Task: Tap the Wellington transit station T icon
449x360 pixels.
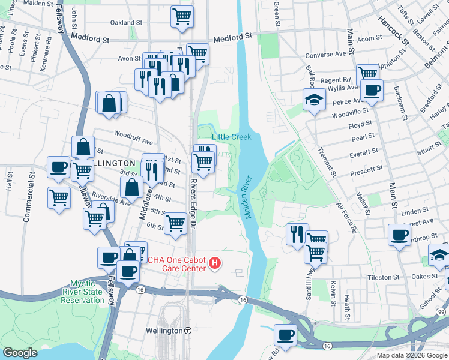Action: pos(188,331)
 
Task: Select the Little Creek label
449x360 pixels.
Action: pos(231,137)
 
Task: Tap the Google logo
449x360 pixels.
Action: pos(20,353)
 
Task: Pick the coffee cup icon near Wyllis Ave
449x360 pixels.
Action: pos(372,91)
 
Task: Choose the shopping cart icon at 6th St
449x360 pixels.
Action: pos(176,223)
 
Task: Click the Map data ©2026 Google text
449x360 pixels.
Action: pos(412,355)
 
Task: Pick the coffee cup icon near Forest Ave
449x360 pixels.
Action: pos(400,235)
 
